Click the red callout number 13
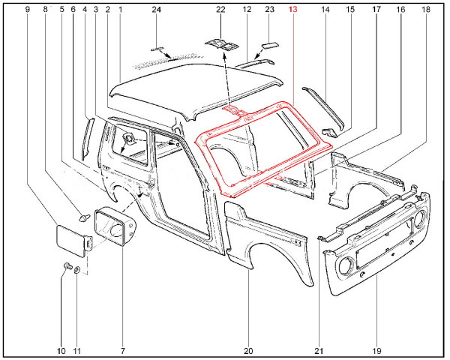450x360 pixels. tap(292, 10)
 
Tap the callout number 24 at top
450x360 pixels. tap(156, 10)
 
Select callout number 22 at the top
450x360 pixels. tap(220, 10)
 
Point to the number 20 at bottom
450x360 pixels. tap(248, 351)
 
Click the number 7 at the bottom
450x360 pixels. tap(122, 351)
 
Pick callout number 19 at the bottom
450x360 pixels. tap(376, 351)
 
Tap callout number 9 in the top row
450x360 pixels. tap(28, 10)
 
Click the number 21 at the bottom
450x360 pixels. tap(319, 351)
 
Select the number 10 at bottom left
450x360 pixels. tap(61, 351)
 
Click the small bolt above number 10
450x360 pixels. tap(67, 265)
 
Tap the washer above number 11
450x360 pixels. tap(77, 270)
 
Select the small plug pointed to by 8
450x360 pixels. tap(84, 217)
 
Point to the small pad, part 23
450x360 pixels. tap(270, 45)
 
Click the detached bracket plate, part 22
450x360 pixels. tap(221, 44)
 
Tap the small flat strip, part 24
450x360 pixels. tap(157, 49)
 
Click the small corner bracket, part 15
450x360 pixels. tap(330, 132)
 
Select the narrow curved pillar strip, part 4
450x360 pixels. tap(88, 139)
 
